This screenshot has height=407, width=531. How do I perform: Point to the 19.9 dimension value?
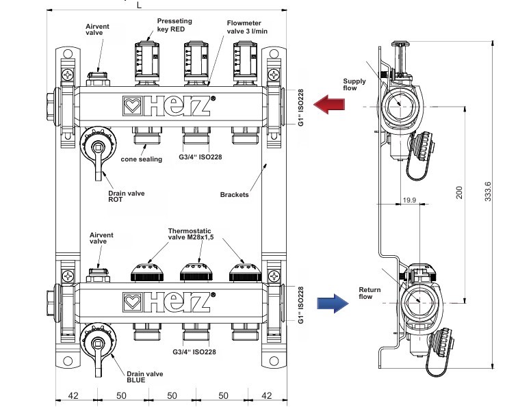click(410, 199)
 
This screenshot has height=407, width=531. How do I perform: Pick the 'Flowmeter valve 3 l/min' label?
click(246, 27)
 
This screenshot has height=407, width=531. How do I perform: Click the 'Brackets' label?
click(234, 194)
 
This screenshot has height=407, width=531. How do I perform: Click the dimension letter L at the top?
click(139, 5)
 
